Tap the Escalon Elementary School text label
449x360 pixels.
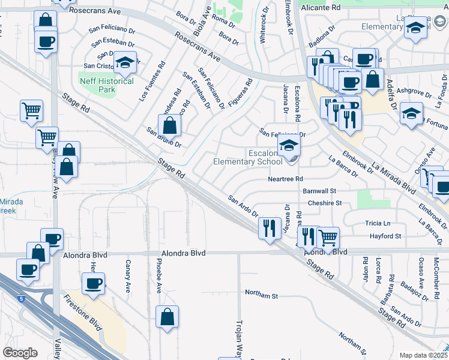(x=248, y=157)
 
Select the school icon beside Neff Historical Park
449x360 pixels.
(x=125, y=63)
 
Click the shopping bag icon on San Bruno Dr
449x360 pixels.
(x=170, y=125)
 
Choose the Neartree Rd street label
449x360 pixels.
(x=286, y=179)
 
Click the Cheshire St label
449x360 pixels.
(x=324, y=203)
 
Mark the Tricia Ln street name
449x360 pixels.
(x=377, y=223)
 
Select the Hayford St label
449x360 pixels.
(x=385, y=236)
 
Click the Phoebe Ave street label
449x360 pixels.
(x=159, y=277)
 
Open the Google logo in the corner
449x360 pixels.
(x=20, y=353)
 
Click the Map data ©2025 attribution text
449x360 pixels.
(x=423, y=355)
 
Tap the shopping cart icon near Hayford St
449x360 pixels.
(x=328, y=238)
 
